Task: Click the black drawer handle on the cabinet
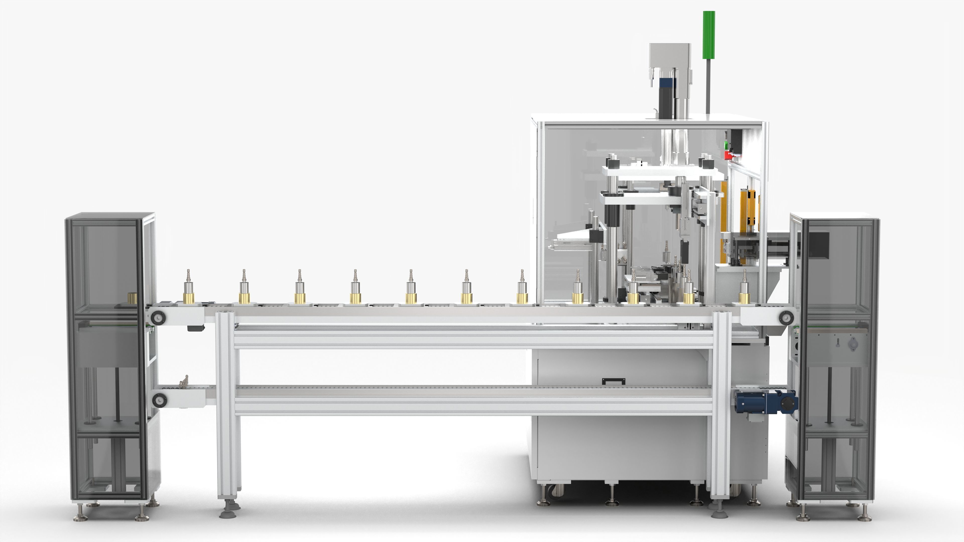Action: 614,381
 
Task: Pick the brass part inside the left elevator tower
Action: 133,298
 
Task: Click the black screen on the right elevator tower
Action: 818,245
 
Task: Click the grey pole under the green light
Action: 708,86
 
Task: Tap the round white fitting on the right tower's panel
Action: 853,343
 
